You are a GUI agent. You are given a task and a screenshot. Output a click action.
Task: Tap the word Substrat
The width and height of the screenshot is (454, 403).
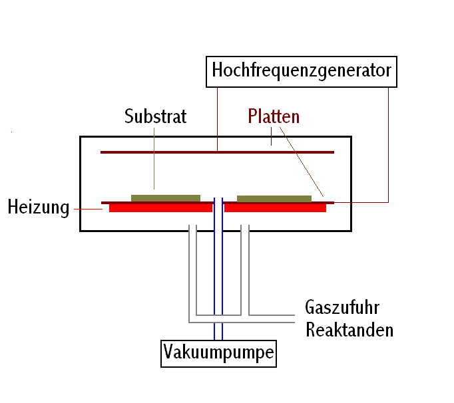(156, 116)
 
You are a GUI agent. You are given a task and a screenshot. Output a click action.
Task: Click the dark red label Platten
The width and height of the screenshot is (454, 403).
(274, 116)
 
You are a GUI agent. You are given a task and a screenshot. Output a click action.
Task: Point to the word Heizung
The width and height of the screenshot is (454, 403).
(39, 207)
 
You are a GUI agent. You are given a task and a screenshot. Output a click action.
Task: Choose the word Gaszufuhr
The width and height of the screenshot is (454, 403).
(342, 307)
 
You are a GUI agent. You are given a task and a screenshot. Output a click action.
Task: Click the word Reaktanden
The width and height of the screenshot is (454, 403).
(349, 330)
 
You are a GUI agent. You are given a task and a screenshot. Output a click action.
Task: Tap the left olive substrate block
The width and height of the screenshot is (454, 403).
(166, 198)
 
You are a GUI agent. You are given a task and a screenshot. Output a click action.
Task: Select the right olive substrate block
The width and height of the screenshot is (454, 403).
(274, 199)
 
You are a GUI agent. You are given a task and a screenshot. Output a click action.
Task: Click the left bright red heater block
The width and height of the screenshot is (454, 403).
(160, 208)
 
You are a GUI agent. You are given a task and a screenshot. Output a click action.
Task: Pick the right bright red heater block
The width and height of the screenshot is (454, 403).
(275, 208)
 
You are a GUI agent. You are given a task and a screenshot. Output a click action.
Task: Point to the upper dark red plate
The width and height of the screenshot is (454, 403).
(218, 152)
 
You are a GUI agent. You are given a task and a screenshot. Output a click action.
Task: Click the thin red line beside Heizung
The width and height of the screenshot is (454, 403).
(89, 209)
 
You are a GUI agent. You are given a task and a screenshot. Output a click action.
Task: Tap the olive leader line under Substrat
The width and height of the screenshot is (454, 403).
(154, 158)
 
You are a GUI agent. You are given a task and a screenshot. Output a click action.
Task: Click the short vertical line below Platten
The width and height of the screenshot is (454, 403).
(272, 136)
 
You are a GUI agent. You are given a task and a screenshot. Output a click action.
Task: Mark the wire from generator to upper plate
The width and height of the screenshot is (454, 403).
(218, 119)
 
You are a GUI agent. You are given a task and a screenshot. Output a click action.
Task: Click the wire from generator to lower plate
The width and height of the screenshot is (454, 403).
(388, 145)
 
